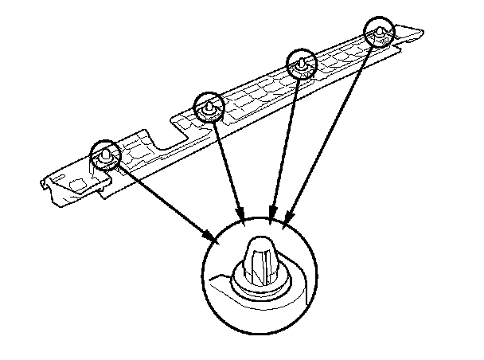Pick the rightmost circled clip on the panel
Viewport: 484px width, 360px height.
[x=381, y=32]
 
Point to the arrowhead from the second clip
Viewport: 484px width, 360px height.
[x=242, y=213]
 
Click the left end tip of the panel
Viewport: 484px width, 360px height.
[x=41, y=185]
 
